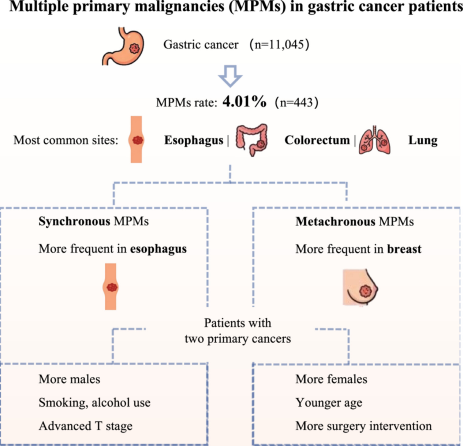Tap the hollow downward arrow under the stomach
[230, 76]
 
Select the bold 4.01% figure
[244, 102]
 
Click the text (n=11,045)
[279, 45]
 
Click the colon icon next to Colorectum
[251, 140]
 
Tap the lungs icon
[374, 140]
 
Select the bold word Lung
[423, 140]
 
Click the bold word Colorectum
[317, 140]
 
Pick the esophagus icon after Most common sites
[136, 139]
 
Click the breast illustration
[360, 287]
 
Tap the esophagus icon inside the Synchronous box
[111, 286]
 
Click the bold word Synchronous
[74, 222]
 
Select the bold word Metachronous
[336, 222]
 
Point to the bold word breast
[404, 249]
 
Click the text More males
[69, 379]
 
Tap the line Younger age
[329, 403]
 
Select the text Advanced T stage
[85, 426]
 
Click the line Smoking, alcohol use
[94, 403]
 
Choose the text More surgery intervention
[363, 426]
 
